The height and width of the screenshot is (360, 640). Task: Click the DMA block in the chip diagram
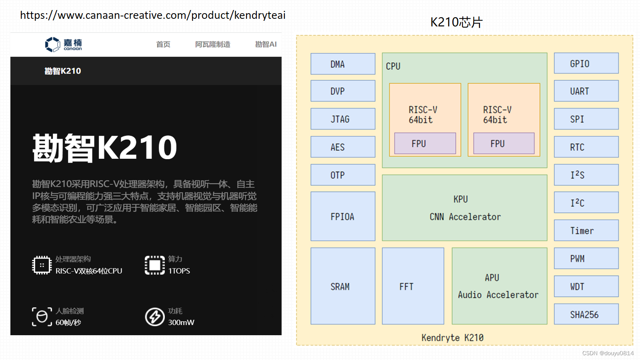coord(343,64)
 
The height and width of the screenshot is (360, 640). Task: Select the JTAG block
coord(343,119)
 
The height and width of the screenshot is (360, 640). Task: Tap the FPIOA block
coord(343,216)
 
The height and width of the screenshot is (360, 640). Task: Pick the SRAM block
coord(343,286)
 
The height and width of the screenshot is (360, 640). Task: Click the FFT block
coord(413,286)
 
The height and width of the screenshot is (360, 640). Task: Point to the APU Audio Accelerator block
coord(499,286)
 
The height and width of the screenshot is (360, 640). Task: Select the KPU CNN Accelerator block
coord(464,208)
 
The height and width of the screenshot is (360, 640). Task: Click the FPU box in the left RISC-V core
coord(425,144)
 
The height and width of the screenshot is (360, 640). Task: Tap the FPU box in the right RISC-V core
coord(504,144)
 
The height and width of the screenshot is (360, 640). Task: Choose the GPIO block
coord(586,64)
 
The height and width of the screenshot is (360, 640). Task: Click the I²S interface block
coord(586,175)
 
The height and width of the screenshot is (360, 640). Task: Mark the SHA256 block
coord(586,314)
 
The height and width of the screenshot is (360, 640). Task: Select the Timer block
coord(586,230)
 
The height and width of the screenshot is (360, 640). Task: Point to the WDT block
coord(586,286)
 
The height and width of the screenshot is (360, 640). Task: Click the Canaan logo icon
coord(52,44)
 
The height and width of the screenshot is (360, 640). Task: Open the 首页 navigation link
coord(163,44)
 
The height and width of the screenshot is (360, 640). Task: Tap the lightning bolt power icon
coord(155,317)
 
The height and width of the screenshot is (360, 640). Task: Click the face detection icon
coord(42,317)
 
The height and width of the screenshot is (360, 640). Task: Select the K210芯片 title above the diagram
coord(456,22)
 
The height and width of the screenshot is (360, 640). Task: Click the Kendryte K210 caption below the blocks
coord(452,338)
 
